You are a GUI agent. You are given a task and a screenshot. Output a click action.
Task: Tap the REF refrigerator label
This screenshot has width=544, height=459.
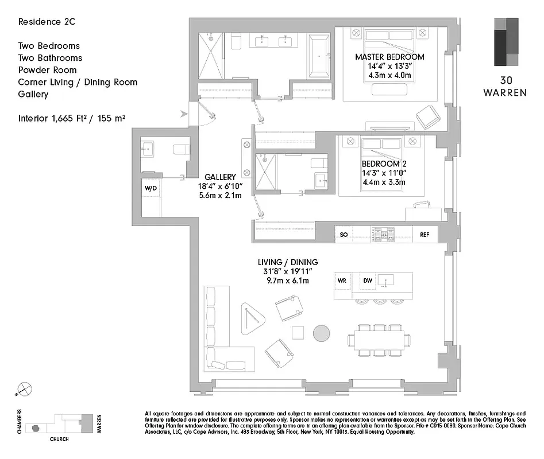point(425,235)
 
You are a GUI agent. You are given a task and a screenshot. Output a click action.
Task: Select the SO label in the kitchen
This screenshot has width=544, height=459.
point(344,235)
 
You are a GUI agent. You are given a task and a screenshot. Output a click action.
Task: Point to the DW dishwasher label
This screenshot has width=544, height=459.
point(368,281)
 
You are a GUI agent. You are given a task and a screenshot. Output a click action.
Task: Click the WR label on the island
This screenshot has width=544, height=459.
point(342,281)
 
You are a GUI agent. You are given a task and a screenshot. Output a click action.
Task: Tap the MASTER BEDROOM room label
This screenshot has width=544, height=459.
point(389,57)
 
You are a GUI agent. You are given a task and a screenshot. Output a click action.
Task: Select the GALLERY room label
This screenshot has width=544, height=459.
point(220,177)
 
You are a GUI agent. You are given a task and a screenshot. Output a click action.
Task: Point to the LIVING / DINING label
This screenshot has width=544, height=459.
point(287,262)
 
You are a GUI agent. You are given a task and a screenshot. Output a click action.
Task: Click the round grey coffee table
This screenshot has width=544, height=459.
point(322,333)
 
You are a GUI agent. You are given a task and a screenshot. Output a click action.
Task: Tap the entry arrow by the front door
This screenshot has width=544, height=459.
point(184,114)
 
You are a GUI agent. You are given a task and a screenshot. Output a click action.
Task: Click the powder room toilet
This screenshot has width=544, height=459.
point(181,150)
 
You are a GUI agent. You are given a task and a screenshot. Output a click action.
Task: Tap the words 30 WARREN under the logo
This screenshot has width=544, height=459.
point(504,87)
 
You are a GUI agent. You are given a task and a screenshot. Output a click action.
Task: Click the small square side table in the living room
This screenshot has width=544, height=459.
point(298,333)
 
